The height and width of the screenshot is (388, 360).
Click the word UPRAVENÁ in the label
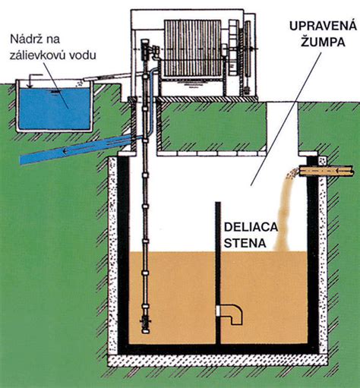(x=312, y=27)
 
